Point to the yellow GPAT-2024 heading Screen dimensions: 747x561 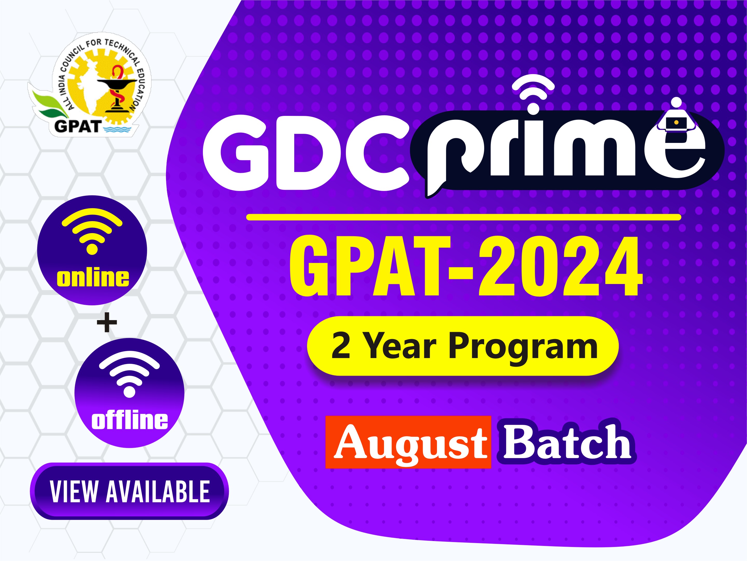(466, 266)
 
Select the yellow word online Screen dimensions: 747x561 (93, 278)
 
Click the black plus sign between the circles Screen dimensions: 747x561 (107, 322)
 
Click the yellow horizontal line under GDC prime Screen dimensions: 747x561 (463, 217)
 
